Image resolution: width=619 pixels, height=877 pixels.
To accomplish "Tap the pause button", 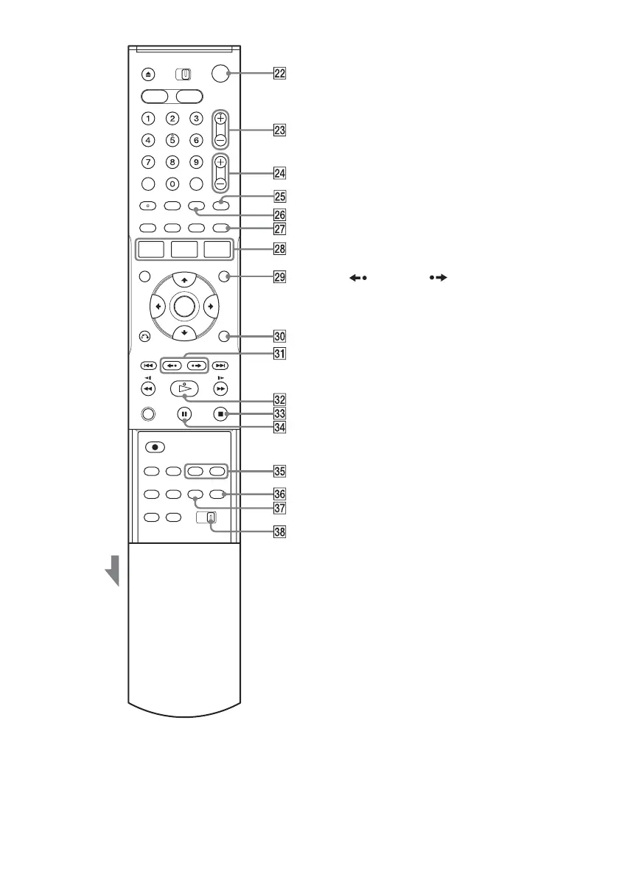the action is (x=183, y=414).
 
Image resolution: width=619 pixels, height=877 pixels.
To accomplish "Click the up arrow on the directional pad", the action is (x=183, y=279).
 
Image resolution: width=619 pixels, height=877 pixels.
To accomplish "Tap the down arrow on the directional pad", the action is (x=183, y=332).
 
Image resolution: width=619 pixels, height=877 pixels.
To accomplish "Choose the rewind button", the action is (x=148, y=390).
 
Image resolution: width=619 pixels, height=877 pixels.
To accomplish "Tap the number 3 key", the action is (x=196, y=118).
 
